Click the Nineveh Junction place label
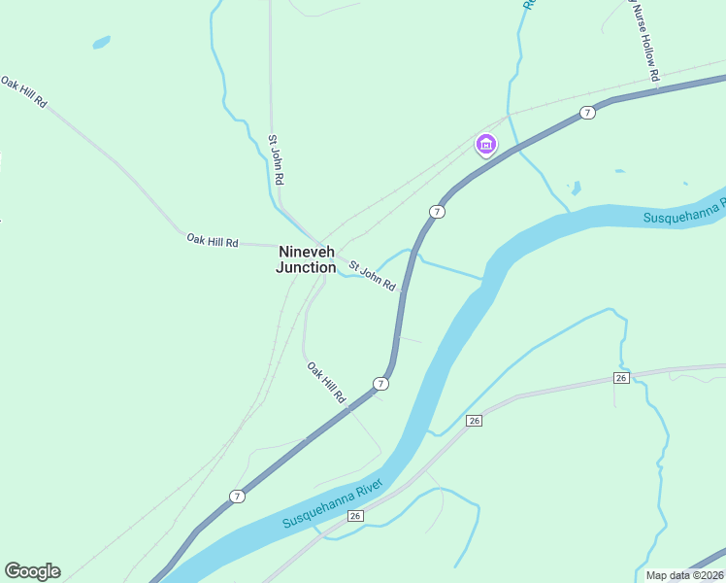point(306,259)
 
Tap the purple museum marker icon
point(486,146)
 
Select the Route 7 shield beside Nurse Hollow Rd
point(587,114)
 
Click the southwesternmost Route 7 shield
point(237,497)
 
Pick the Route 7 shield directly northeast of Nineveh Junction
point(438,212)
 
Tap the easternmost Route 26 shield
point(622,377)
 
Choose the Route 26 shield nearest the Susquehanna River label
point(355,515)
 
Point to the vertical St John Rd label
point(277,159)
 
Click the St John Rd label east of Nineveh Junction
point(373,275)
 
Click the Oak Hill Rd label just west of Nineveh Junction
point(213,240)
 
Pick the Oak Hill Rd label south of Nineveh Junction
point(326,383)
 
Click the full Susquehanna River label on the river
point(333,504)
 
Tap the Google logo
point(32,571)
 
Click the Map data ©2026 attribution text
point(685,575)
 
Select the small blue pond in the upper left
point(101,43)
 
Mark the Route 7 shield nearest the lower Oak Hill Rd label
point(381,384)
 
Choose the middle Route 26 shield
point(474,421)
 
